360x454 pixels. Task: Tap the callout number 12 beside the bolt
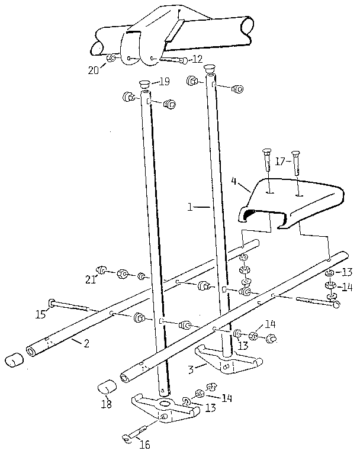[196, 60]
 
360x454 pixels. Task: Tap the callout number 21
[91, 279]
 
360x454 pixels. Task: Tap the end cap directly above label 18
[107, 388]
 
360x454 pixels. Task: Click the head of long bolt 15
[53, 303]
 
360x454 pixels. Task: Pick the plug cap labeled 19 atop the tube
[143, 83]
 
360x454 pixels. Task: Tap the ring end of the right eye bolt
[336, 305]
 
